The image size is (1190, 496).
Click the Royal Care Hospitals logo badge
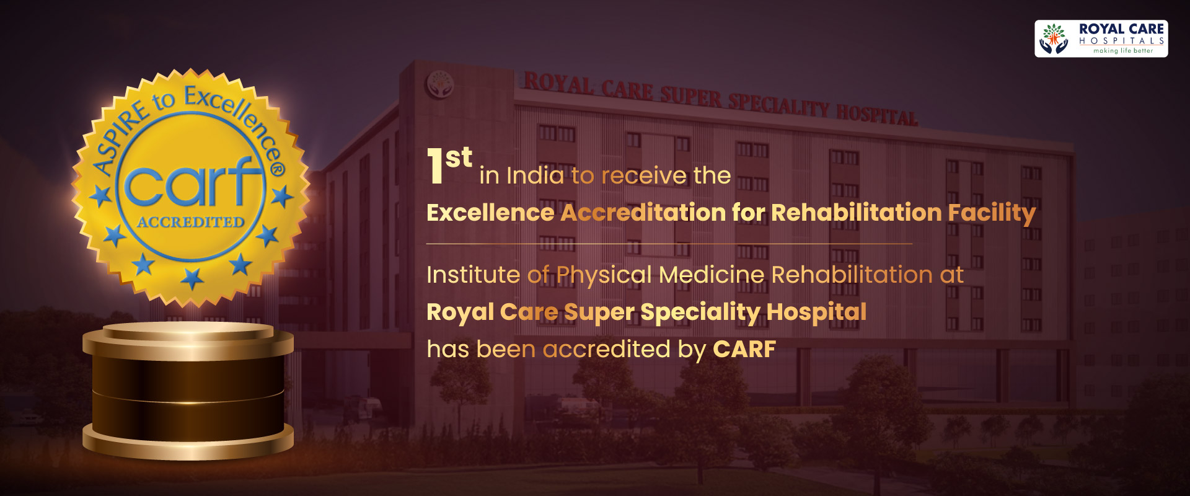coord(1101,38)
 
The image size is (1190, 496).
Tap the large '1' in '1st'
coord(435,166)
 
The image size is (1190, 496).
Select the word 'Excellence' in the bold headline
coord(490,213)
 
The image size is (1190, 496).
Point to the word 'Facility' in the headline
coord(992,214)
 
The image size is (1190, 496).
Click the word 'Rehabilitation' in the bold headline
coord(857,212)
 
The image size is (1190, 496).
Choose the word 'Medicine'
coord(711,275)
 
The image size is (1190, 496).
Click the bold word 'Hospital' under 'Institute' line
coord(816,312)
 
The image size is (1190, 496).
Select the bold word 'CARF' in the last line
coord(744,349)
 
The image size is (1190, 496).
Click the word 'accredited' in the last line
coord(607,349)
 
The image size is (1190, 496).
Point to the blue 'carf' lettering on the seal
coord(191,182)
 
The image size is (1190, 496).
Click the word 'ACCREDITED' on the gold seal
coord(191,221)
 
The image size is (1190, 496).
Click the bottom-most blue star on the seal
coord(192,278)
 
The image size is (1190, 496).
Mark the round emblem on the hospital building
coord(440,84)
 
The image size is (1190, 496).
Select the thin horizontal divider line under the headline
coord(669,244)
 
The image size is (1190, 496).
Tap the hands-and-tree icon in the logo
coord(1054,38)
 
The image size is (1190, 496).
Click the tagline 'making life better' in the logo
coord(1123,51)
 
